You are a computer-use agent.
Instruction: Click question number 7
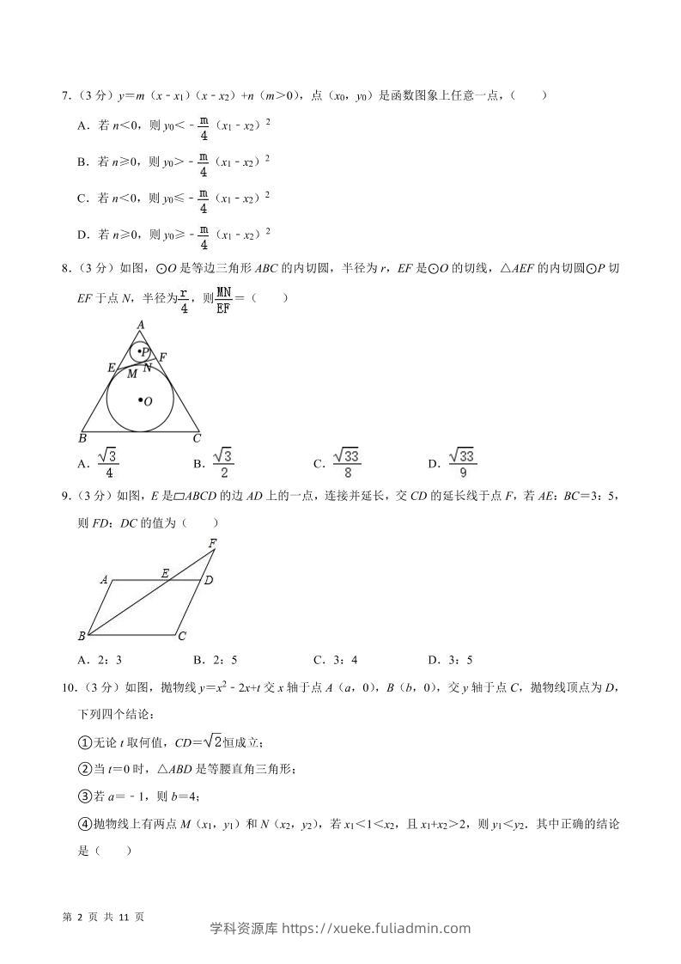(x=65, y=96)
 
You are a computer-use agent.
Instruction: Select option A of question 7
(x=83, y=125)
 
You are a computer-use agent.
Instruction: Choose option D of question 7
(x=83, y=234)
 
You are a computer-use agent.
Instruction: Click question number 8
(x=65, y=269)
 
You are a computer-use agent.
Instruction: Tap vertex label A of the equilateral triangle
(x=140, y=324)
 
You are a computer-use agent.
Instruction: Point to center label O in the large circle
(x=148, y=401)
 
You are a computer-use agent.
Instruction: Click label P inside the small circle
(x=145, y=352)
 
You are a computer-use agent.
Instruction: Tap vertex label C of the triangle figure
(x=197, y=438)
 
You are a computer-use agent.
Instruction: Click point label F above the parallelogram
(x=212, y=543)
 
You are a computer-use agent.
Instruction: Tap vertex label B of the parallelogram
(x=82, y=637)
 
